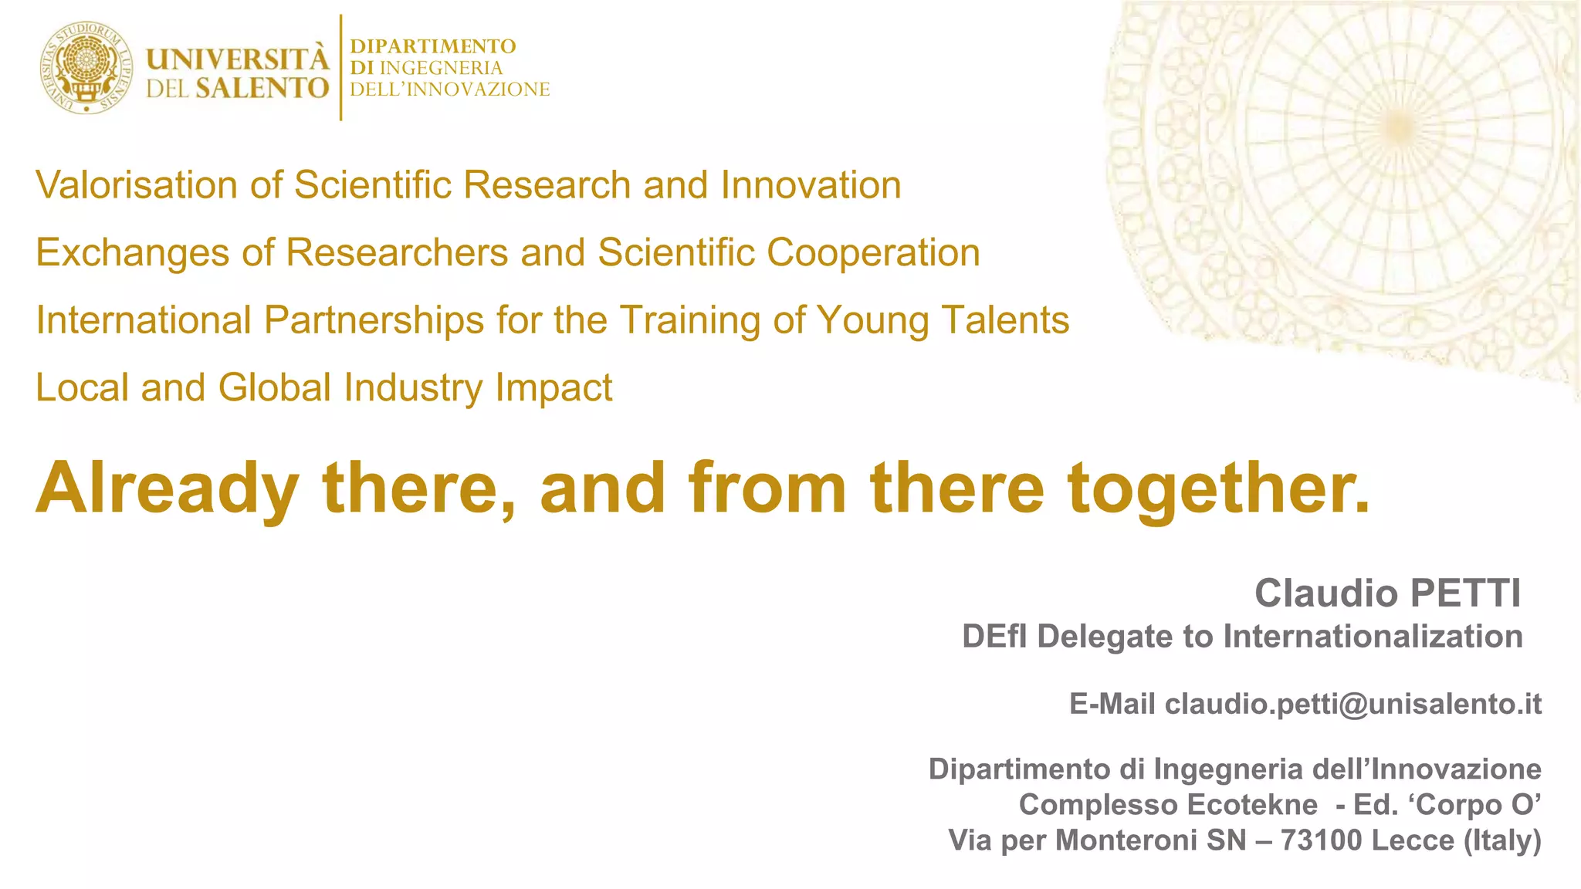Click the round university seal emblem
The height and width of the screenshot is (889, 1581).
coord(86,68)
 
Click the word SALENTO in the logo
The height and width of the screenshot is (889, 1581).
coord(262,88)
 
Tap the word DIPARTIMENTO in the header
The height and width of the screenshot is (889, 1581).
coord(432,46)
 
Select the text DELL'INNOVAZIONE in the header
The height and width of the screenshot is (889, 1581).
coord(449,90)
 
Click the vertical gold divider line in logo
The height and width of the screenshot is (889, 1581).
coord(340,68)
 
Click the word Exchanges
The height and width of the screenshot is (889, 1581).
coord(132,253)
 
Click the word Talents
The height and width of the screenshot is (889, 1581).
coord(1005,319)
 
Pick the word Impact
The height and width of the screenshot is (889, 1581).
coord(554,387)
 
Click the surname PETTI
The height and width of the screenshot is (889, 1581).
coord(1465,593)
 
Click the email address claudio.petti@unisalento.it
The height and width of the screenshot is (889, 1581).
coord(1352,704)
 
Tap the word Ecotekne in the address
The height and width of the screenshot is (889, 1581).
coord(1251,804)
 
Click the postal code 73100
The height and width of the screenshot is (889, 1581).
coord(1322,840)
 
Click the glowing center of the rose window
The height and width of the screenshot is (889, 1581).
coord(1398,123)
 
